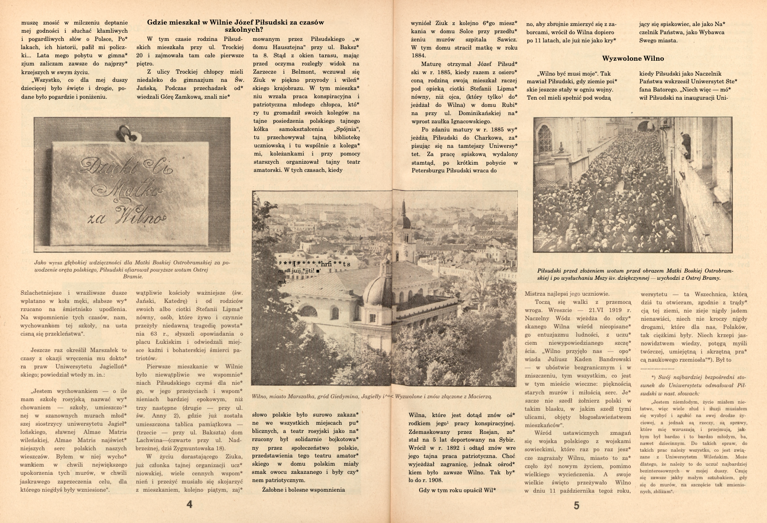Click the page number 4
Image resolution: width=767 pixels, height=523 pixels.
(x=189, y=505)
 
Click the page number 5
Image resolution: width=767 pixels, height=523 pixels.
(x=577, y=505)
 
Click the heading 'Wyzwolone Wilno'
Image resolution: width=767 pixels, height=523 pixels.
(x=633, y=58)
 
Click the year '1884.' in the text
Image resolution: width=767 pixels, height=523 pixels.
(x=418, y=55)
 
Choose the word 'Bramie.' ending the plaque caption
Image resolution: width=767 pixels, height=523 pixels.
(x=133, y=277)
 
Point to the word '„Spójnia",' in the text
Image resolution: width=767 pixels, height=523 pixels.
(x=346, y=129)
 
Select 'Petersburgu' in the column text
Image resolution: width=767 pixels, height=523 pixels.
(x=428, y=170)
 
